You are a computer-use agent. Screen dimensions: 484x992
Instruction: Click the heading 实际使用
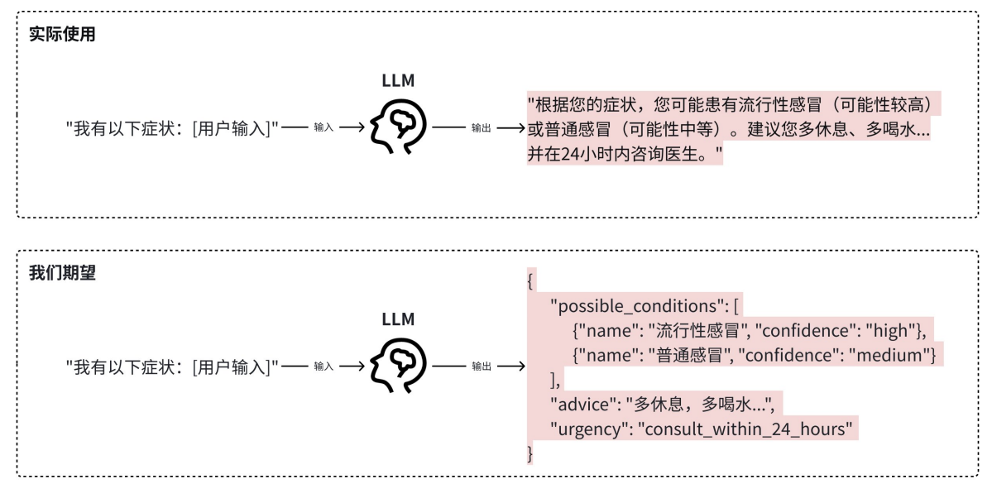click(x=62, y=35)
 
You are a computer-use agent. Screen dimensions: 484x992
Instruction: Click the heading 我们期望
click(x=62, y=273)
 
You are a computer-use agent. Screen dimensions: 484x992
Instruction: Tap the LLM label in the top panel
click(x=398, y=80)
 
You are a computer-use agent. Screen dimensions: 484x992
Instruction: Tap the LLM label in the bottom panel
click(x=398, y=319)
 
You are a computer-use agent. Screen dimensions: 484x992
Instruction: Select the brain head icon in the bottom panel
click(x=398, y=366)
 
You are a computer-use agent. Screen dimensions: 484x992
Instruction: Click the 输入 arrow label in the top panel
click(x=323, y=128)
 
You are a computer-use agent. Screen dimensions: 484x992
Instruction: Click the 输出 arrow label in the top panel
click(x=482, y=128)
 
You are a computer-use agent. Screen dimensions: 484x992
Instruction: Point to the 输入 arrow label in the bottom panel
click(x=323, y=366)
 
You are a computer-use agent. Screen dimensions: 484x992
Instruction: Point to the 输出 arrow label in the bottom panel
click(x=482, y=366)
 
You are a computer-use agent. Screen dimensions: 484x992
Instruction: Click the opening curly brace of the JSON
click(x=531, y=281)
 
